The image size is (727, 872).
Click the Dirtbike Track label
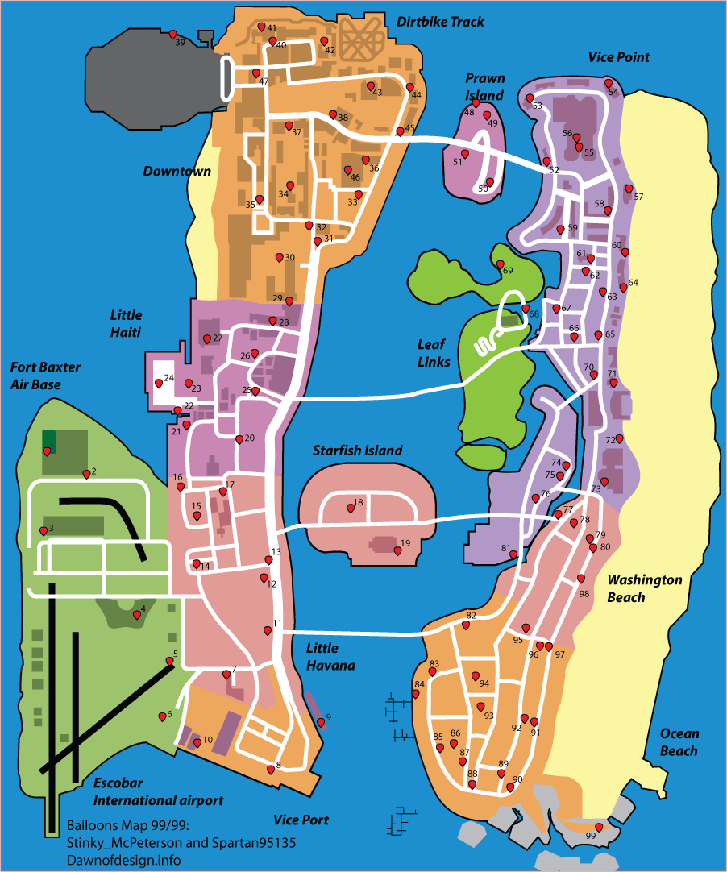pyautogui.click(x=440, y=22)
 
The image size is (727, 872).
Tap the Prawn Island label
pyautogui.click(x=484, y=87)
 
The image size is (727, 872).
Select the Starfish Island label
pyautogui.click(x=357, y=451)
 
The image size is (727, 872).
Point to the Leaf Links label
pyautogui.click(x=434, y=353)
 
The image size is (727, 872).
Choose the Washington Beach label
pyautogui.click(x=644, y=588)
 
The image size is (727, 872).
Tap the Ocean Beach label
pyautogui.click(x=679, y=742)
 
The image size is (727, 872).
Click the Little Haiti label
pyautogui.click(x=126, y=324)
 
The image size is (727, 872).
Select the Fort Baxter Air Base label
pyautogui.click(x=45, y=376)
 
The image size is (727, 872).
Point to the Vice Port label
pyautogui.click(x=301, y=820)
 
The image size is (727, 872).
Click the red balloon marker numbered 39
pyautogui.click(x=172, y=34)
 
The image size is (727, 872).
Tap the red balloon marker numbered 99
pyautogui.click(x=598, y=828)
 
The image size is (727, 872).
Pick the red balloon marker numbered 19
pyautogui.click(x=397, y=551)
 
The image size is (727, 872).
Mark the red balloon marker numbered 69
pyautogui.click(x=500, y=265)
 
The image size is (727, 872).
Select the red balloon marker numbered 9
pyautogui.click(x=321, y=722)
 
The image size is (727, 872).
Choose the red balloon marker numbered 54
pyautogui.click(x=609, y=84)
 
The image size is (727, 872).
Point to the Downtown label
pyautogui.click(x=177, y=171)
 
